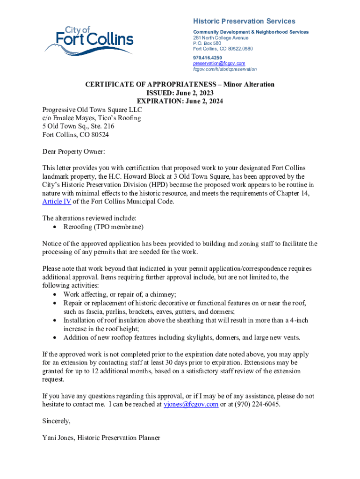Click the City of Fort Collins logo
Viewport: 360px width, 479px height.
point(89,39)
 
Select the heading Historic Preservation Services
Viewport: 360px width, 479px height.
point(244,21)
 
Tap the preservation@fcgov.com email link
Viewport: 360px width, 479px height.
point(219,63)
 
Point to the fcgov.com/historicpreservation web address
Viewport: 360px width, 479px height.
point(224,69)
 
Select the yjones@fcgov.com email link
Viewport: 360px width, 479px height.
point(190,405)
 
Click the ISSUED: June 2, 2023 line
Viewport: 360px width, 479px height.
point(180,93)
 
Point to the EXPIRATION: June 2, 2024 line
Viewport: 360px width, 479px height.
point(180,101)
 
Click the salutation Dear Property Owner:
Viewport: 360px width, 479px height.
point(74,152)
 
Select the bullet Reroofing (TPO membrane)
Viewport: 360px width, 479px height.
point(103,227)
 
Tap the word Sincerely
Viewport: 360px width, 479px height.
point(56,421)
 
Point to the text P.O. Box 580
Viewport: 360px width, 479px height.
point(207,43)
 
